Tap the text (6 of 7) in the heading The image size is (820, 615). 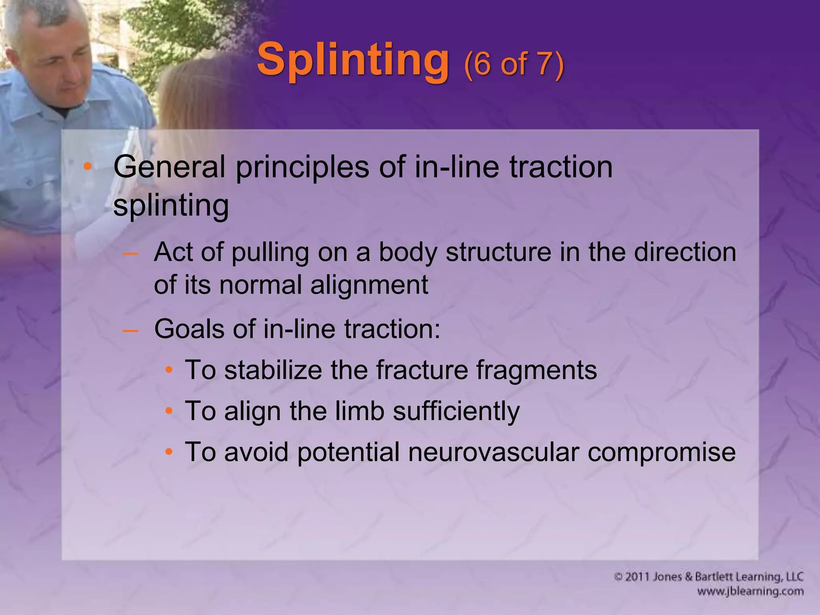coord(514,64)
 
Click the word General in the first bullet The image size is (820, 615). coord(169,167)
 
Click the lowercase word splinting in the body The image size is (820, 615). coord(171,206)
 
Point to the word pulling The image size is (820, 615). coord(270,253)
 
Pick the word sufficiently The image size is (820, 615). coord(456,412)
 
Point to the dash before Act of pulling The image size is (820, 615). coord(131,253)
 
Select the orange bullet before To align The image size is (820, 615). coord(169,411)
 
